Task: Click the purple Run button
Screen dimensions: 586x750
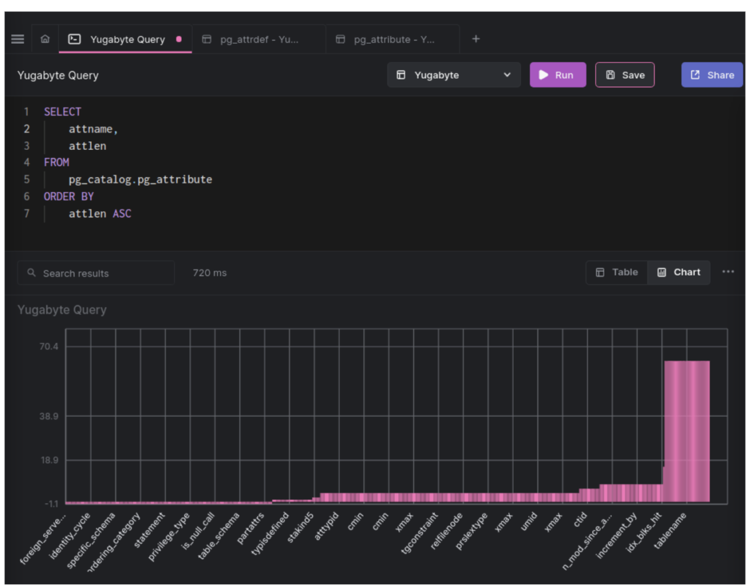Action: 557,75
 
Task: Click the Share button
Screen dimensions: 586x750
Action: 712,75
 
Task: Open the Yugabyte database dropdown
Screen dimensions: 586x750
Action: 454,75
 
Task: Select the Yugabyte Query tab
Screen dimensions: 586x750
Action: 126,39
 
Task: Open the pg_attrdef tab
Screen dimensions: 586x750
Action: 258,39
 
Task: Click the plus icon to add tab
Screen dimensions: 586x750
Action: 476,39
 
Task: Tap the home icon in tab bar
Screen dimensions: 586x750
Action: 45,39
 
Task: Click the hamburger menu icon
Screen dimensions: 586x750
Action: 17,39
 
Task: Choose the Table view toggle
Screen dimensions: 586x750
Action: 617,272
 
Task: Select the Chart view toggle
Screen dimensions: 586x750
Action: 679,272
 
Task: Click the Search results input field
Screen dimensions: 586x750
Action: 100,273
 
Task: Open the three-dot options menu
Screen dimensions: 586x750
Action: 728,272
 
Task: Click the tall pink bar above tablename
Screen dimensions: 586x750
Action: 686,431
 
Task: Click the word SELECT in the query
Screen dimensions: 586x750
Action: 62,112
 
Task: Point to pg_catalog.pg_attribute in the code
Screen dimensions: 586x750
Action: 140,179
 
